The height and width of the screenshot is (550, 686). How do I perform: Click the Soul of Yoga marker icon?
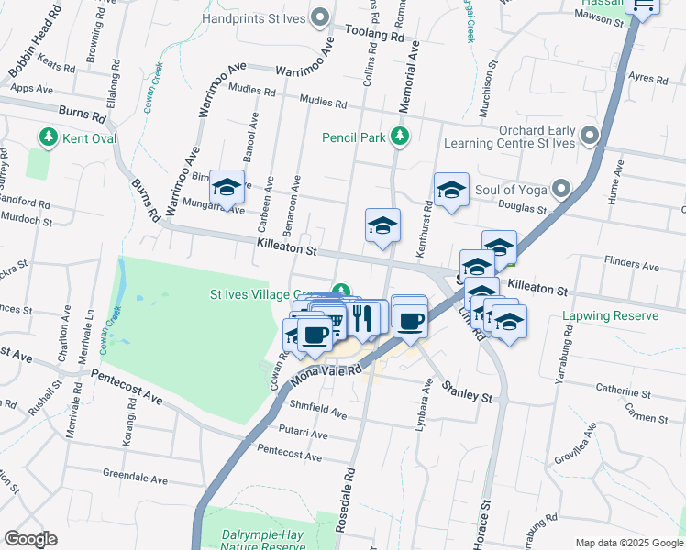(x=561, y=190)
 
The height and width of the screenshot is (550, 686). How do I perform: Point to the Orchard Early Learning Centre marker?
(x=588, y=136)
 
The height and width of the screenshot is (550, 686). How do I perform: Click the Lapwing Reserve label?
(x=610, y=316)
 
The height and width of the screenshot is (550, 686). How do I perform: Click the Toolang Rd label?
(x=374, y=35)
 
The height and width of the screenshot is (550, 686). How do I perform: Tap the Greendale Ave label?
(x=136, y=478)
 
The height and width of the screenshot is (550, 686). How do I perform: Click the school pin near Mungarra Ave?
(x=226, y=189)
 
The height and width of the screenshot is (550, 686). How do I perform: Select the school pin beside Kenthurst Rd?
(x=451, y=191)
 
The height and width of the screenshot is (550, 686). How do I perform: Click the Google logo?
(x=31, y=539)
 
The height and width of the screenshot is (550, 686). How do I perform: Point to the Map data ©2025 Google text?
(x=628, y=543)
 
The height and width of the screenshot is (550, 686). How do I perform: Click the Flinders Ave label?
(x=632, y=267)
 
